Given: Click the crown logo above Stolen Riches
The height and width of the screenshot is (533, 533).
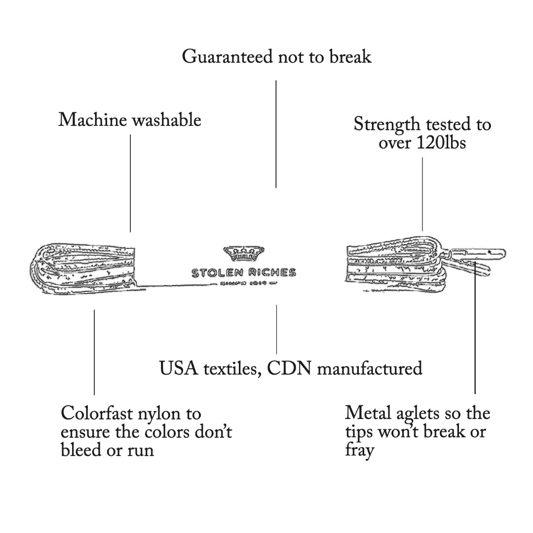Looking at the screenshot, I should [x=244, y=254].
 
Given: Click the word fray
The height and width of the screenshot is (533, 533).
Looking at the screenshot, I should [x=359, y=451].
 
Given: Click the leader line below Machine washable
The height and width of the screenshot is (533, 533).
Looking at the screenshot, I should [x=130, y=183].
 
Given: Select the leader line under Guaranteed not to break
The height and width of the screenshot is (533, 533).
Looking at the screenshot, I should [x=276, y=133].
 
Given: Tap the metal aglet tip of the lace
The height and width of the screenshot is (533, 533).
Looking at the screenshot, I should [x=489, y=253].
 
